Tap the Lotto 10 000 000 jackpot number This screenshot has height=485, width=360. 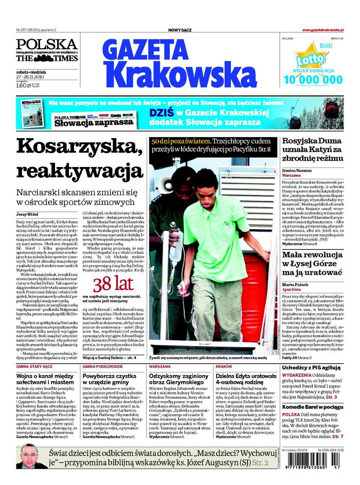(x=312, y=79)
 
